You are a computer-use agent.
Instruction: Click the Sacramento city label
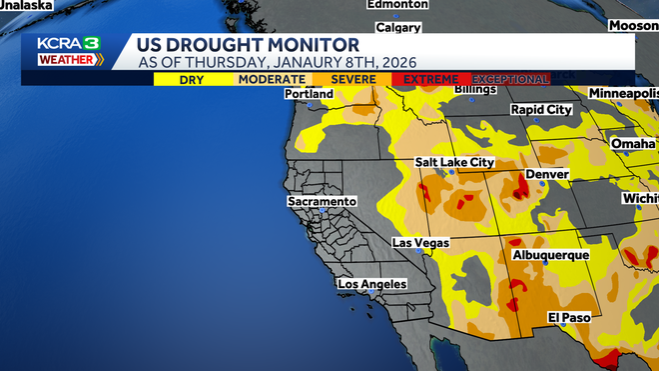(x=322, y=201)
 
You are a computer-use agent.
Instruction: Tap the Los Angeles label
(x=372, y=284)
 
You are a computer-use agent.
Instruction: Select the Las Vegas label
(x=420, y=243)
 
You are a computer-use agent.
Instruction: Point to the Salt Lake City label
(x=454, y=162)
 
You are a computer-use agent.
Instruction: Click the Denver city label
(x=546, y=174)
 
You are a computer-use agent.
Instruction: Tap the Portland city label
(x=309, y=94)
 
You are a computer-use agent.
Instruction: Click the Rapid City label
(x=541, y=110)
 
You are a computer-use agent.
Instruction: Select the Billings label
(x=475, y=90)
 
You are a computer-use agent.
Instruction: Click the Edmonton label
(x=396, y=4)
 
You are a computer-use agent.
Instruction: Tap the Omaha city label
(x=633, y=144)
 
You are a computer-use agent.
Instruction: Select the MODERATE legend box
(x=273, y=79)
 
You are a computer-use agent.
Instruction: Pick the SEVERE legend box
(x=351, y=79)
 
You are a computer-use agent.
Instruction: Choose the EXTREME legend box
(x=431, y=79)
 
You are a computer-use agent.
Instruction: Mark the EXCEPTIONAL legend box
(x=510, y=79)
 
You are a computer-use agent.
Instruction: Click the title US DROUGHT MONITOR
(x=235, y=45)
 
